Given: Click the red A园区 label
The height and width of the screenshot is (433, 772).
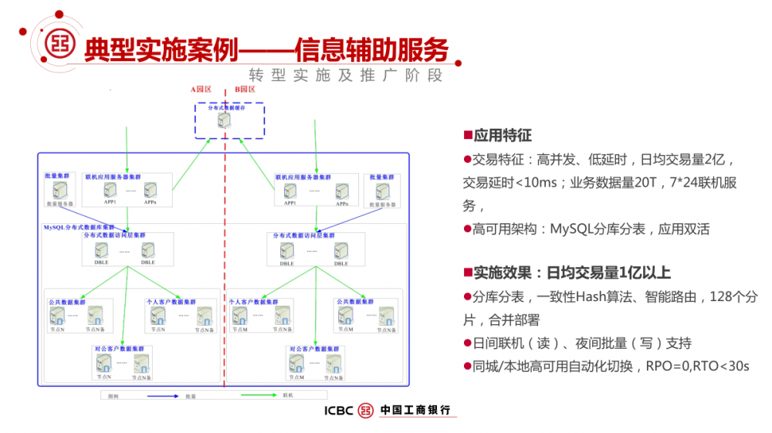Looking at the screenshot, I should (x=200, y=90).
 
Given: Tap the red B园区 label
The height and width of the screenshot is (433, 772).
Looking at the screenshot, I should (x=245, y=90).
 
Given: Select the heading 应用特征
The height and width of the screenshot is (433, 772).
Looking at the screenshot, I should (x=502, y=136).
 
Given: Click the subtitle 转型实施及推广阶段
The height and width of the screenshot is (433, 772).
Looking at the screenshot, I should (x=346, y=76).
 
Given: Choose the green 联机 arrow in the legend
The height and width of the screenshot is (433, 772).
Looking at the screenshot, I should (x=259, y=395).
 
